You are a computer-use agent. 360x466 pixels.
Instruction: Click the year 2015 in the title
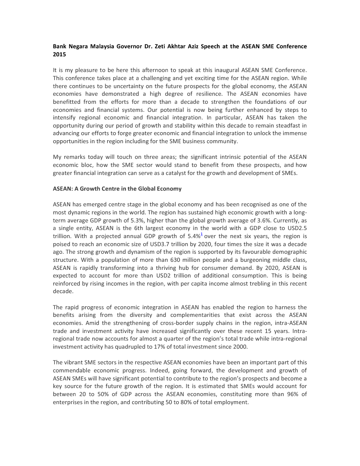[59, 55]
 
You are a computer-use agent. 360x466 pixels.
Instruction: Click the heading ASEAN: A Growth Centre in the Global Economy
[117, 189]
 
